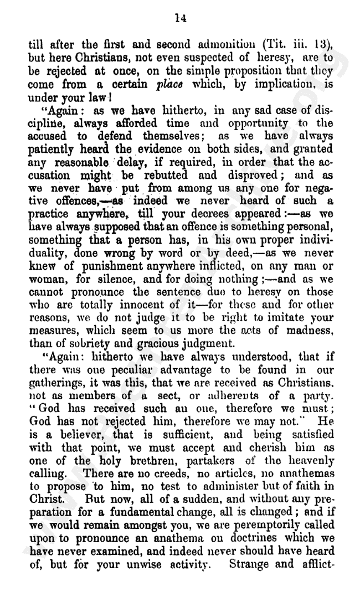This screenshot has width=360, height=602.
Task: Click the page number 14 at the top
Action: pyautogui.click(x=179, y=18)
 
